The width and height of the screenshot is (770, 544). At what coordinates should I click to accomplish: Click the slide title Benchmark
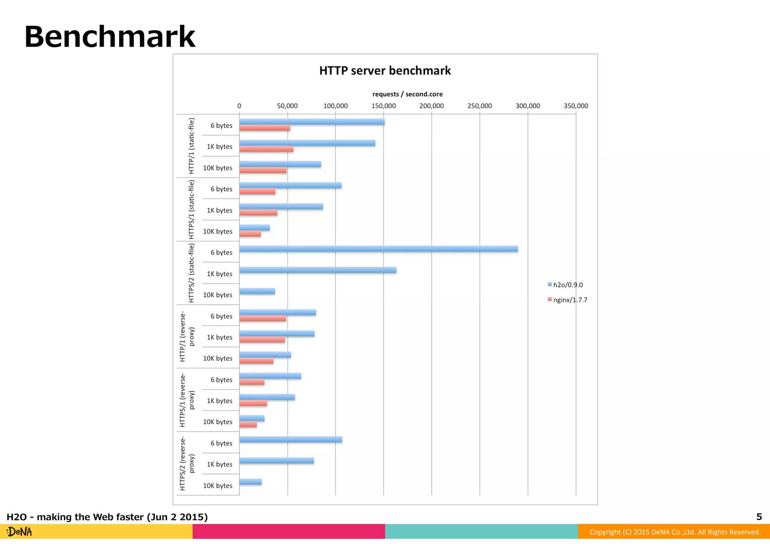[x=110, y=37]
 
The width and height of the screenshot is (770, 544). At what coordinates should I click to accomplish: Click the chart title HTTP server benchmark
[x=385, y=71]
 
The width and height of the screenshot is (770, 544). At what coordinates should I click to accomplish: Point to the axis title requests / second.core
[x=408, y=94]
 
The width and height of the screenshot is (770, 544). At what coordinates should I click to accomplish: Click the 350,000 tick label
[x=576, y=106]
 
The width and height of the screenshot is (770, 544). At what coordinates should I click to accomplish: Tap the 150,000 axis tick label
[x=383, y=106]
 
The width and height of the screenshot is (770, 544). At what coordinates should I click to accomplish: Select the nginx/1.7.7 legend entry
[x=567, y=300]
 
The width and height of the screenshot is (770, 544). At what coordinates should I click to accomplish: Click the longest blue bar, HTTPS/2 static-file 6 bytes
[x=378, y=249]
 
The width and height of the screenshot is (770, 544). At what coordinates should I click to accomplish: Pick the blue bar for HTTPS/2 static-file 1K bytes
[x=318, y=270]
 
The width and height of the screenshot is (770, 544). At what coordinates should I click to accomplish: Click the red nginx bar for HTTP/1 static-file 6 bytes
[x=265, y=128]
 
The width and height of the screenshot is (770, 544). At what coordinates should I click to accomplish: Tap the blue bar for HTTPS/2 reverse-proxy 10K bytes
[x=250, y=482]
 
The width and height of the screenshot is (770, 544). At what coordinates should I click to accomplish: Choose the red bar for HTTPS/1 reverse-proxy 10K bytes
[x=248, y=424]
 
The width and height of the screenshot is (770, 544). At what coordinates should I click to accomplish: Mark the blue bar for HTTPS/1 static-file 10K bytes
[x=255, y=227]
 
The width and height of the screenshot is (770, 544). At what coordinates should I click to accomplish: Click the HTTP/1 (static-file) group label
[x=191, y=146]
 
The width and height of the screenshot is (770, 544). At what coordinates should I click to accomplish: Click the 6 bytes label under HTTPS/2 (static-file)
[x=221, y=253]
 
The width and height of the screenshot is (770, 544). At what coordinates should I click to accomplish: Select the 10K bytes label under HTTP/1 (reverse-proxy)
[x=218, y=359]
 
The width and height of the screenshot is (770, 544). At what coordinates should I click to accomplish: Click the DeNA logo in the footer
[x=20, y=532]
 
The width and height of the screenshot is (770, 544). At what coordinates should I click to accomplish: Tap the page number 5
[x=759, y=517]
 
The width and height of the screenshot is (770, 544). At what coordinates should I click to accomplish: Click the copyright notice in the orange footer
[x=675, y=532]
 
